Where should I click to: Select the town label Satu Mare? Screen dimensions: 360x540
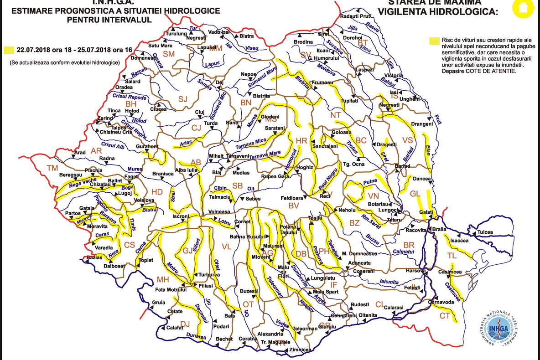(160, 46)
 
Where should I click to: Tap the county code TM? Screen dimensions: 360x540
(52, 168)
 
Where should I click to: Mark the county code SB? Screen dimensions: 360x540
(237, 185)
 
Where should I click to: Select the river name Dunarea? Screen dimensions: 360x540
(196, 337)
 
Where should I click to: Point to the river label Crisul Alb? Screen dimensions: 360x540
(113, 146)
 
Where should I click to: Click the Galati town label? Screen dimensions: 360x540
(427, 213)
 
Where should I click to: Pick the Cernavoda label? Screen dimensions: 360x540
(440, 302)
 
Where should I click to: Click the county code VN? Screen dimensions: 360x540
(374, 195)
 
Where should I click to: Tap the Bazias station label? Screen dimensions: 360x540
(94, 257)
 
